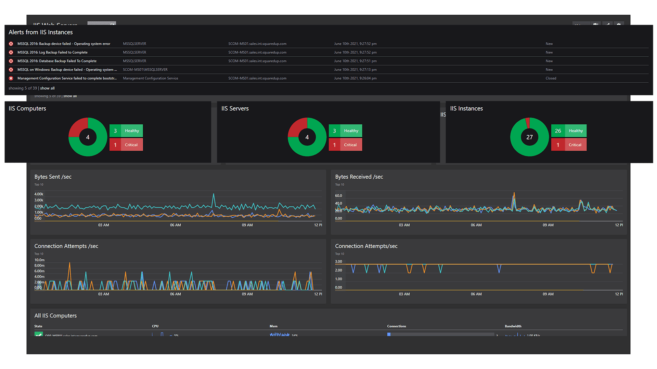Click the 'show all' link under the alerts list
tap(47, 88)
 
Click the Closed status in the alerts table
tap(551, 78)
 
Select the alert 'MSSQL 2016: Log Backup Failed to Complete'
tap(52, 52)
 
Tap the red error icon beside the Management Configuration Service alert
tap(11, 78)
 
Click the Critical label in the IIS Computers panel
tap(131, 145)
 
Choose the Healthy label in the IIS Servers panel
tap(351, 131)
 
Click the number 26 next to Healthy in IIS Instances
tap(558, 131)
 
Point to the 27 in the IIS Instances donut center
tap(529, 137)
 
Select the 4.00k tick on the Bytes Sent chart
tap(39, 194)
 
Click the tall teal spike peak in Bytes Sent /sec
tap(214, 194)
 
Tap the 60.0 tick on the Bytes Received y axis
tap(338, 196)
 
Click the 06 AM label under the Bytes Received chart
tap(476, 225)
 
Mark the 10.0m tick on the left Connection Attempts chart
tap(39, 260)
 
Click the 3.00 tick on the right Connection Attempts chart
tap(338, 262)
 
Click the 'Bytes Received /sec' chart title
tap(359, 177)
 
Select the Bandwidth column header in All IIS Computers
tap(513, 326)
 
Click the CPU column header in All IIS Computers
tap(155, 326)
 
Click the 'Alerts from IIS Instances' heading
tap(41, 32)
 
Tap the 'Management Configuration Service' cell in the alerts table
tap(150, 78)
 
